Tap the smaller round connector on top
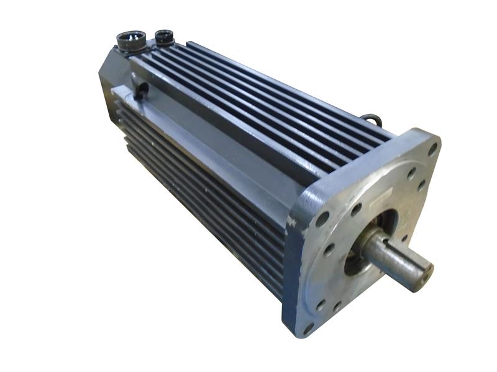[165, 37]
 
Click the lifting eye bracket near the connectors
[139, 87]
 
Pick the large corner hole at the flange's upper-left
[322, 219]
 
